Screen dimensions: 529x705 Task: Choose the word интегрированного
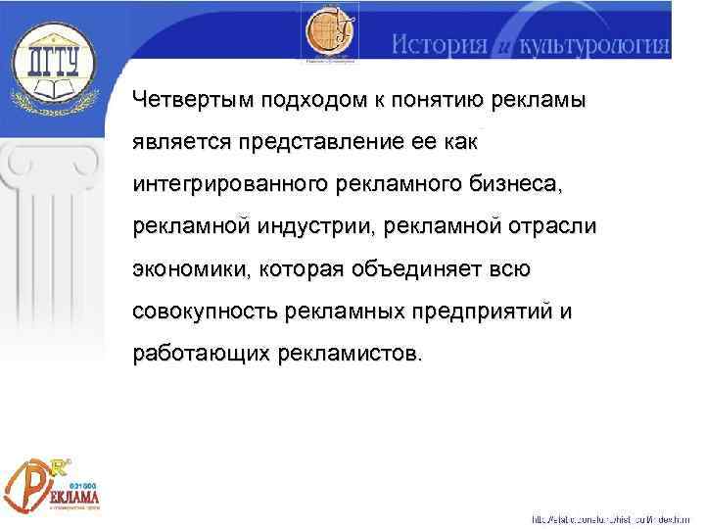[x=233, y=184]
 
